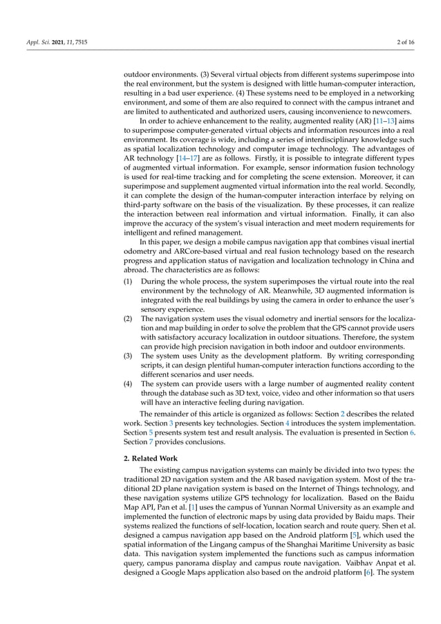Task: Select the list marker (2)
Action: coord(129,316)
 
